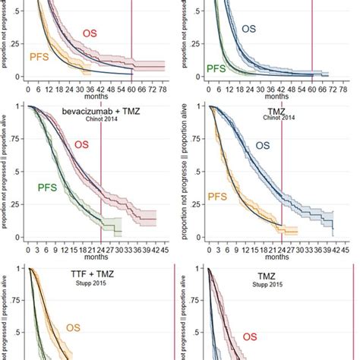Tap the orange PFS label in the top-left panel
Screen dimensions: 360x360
[x=39, y=57]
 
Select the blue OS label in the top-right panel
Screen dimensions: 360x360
[x=249, y=29]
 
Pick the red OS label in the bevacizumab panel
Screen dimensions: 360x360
[x=84, y=144]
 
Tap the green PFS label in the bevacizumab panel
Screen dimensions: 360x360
[x=49, y=187]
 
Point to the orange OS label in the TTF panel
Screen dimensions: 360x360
[x=73, y=328]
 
